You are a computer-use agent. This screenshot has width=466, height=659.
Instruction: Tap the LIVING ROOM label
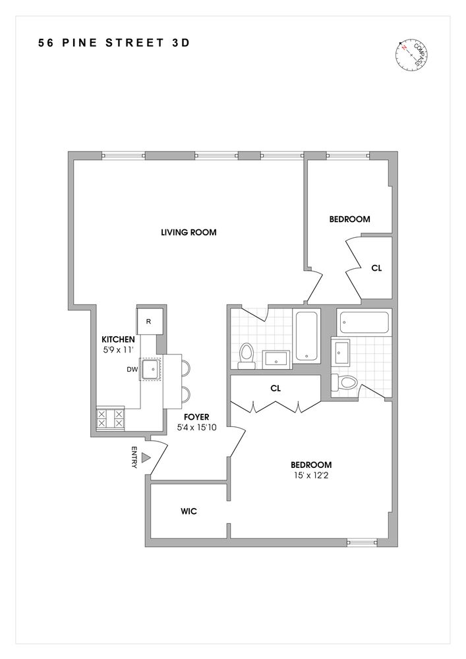point(189,232)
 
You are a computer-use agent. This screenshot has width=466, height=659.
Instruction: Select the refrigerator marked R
point(149,322)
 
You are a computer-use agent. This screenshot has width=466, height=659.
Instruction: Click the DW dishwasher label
point(132,370)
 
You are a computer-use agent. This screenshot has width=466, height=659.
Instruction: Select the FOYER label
point(196,417)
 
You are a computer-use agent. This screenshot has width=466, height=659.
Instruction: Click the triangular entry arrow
point(148,457)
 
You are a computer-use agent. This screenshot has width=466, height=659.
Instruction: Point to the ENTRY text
point(134,457)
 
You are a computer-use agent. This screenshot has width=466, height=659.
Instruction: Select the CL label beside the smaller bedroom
point(376,268)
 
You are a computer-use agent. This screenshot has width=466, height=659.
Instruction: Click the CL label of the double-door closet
point(276,389)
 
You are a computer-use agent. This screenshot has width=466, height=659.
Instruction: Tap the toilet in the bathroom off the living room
point(247,355)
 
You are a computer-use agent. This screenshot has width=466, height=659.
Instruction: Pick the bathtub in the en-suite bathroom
point(364,323)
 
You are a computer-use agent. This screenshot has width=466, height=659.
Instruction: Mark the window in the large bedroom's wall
point(363,543)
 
